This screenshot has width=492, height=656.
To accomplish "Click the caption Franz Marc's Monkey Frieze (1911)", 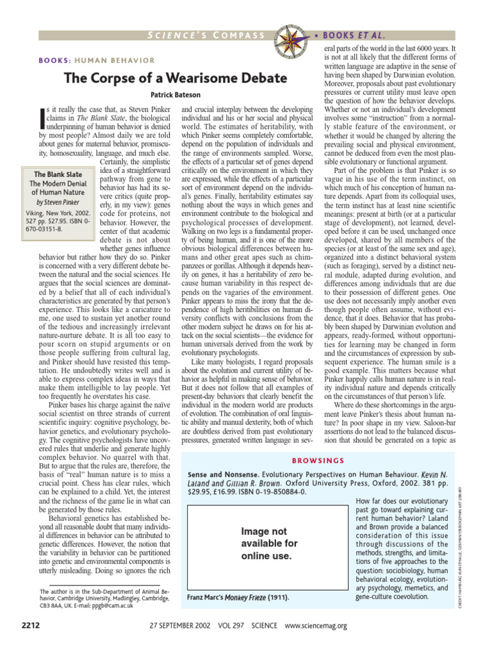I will tap(238, 597).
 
